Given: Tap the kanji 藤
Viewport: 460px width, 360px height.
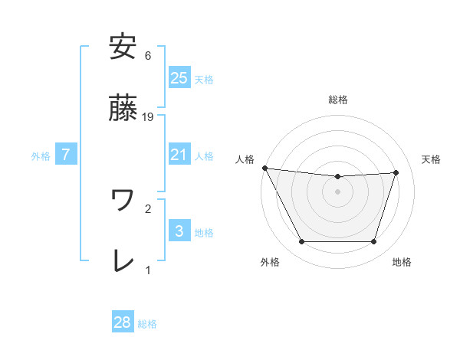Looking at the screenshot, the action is (x=123, y=109).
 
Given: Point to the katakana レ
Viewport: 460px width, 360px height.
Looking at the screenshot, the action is (x=123, y=261).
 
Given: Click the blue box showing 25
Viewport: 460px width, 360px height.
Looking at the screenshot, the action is (x=179, y=78).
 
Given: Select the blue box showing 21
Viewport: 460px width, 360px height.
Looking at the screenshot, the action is (x=179, y=155).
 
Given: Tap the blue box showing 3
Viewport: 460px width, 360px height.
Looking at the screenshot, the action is (x=179, y=231).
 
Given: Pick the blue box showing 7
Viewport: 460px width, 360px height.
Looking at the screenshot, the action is (x=66, y=155).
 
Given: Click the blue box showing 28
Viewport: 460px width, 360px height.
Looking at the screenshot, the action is (x=123, y=322).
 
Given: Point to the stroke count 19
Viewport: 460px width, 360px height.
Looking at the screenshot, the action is (x=149, y=117).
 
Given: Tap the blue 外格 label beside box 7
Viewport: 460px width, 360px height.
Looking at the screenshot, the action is (x=41, y=155).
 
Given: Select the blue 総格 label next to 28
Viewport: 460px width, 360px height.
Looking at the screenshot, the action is (x=147, y=323).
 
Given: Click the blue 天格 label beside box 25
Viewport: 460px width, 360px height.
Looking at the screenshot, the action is (x=204, y=79).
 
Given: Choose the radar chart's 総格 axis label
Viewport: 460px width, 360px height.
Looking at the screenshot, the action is (x=338, y=100).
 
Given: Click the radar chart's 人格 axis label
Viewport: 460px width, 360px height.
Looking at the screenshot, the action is (x=245, y=159).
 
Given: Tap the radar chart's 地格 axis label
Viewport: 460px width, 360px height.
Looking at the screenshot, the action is (x=402, y=262).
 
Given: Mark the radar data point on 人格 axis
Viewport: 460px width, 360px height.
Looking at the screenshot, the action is (x=264, y=168).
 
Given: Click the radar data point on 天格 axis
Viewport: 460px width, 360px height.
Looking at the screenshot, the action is (x=396, y=172).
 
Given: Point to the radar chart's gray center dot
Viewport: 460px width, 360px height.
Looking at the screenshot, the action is (x=338, y=191).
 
